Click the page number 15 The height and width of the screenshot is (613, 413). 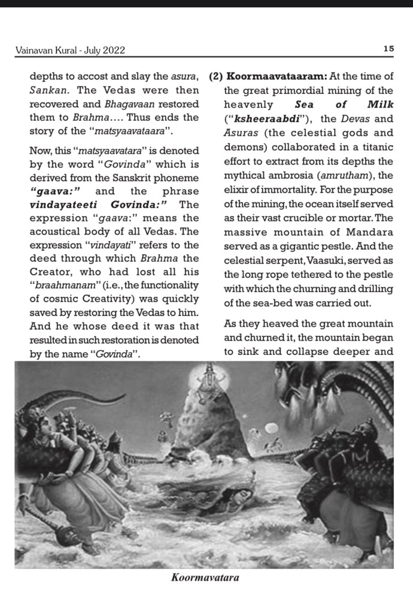pyautogui.click(x=388, y=50)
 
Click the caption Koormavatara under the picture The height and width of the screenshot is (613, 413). pyautogui.click(x=205, y=578)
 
